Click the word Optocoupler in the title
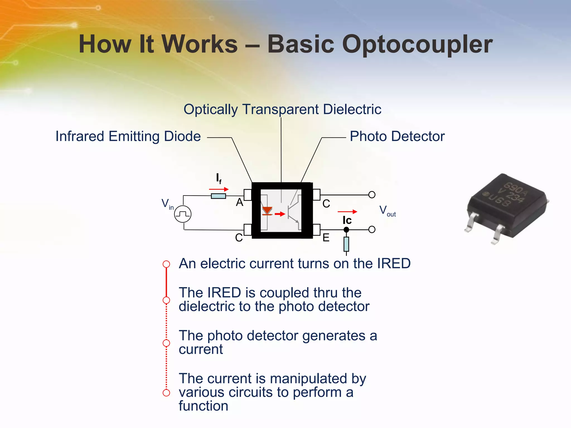coord(417,45)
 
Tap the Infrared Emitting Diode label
coord(128,137)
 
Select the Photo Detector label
coord(397,137)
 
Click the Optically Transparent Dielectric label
coord(282,109)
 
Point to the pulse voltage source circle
coord(183,214)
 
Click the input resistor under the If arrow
coord(218,196)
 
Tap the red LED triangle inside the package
coord(267,210)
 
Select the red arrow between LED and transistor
coord(280,214)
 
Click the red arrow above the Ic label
coord(347,212)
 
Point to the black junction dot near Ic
coord(346,230)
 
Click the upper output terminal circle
coord(372,194)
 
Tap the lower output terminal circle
coord(372,230)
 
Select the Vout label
coord(387,211)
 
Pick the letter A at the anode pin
coord(239,202)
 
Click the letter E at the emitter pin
coord(326,238)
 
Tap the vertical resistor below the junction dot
coord(346,244)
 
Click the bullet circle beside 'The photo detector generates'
coord(166,343)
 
